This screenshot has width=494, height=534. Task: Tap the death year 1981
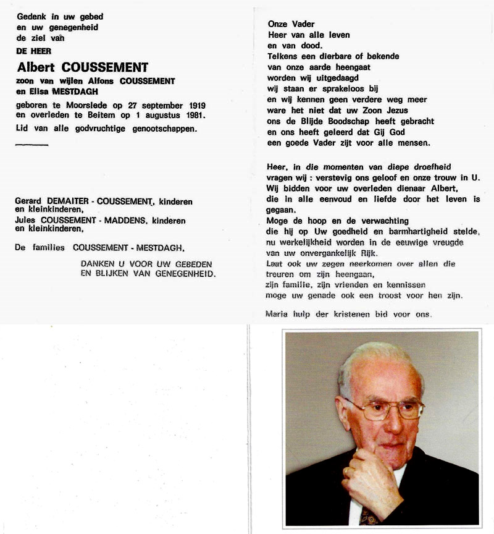point(193,116)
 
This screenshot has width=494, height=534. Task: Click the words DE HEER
point(34,51)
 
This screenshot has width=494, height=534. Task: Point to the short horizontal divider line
point(31,145)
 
